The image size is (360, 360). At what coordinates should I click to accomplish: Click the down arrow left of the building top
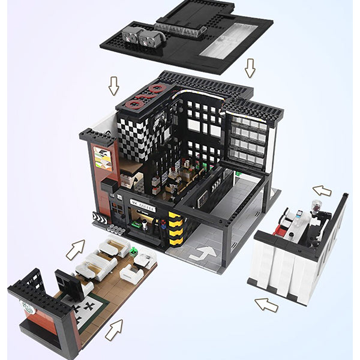point(114,85)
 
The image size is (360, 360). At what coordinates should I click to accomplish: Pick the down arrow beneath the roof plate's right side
point(250,68)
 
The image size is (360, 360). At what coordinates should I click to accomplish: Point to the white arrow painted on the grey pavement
point(205,251)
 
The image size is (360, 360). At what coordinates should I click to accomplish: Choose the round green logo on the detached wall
point(26,309)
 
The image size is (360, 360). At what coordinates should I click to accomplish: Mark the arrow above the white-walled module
point(322,191)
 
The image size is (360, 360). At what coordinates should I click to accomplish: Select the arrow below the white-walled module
point(266,304)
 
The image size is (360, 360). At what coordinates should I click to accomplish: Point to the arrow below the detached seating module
point(113,329)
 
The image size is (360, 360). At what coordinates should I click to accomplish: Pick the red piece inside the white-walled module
point(281,229)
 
